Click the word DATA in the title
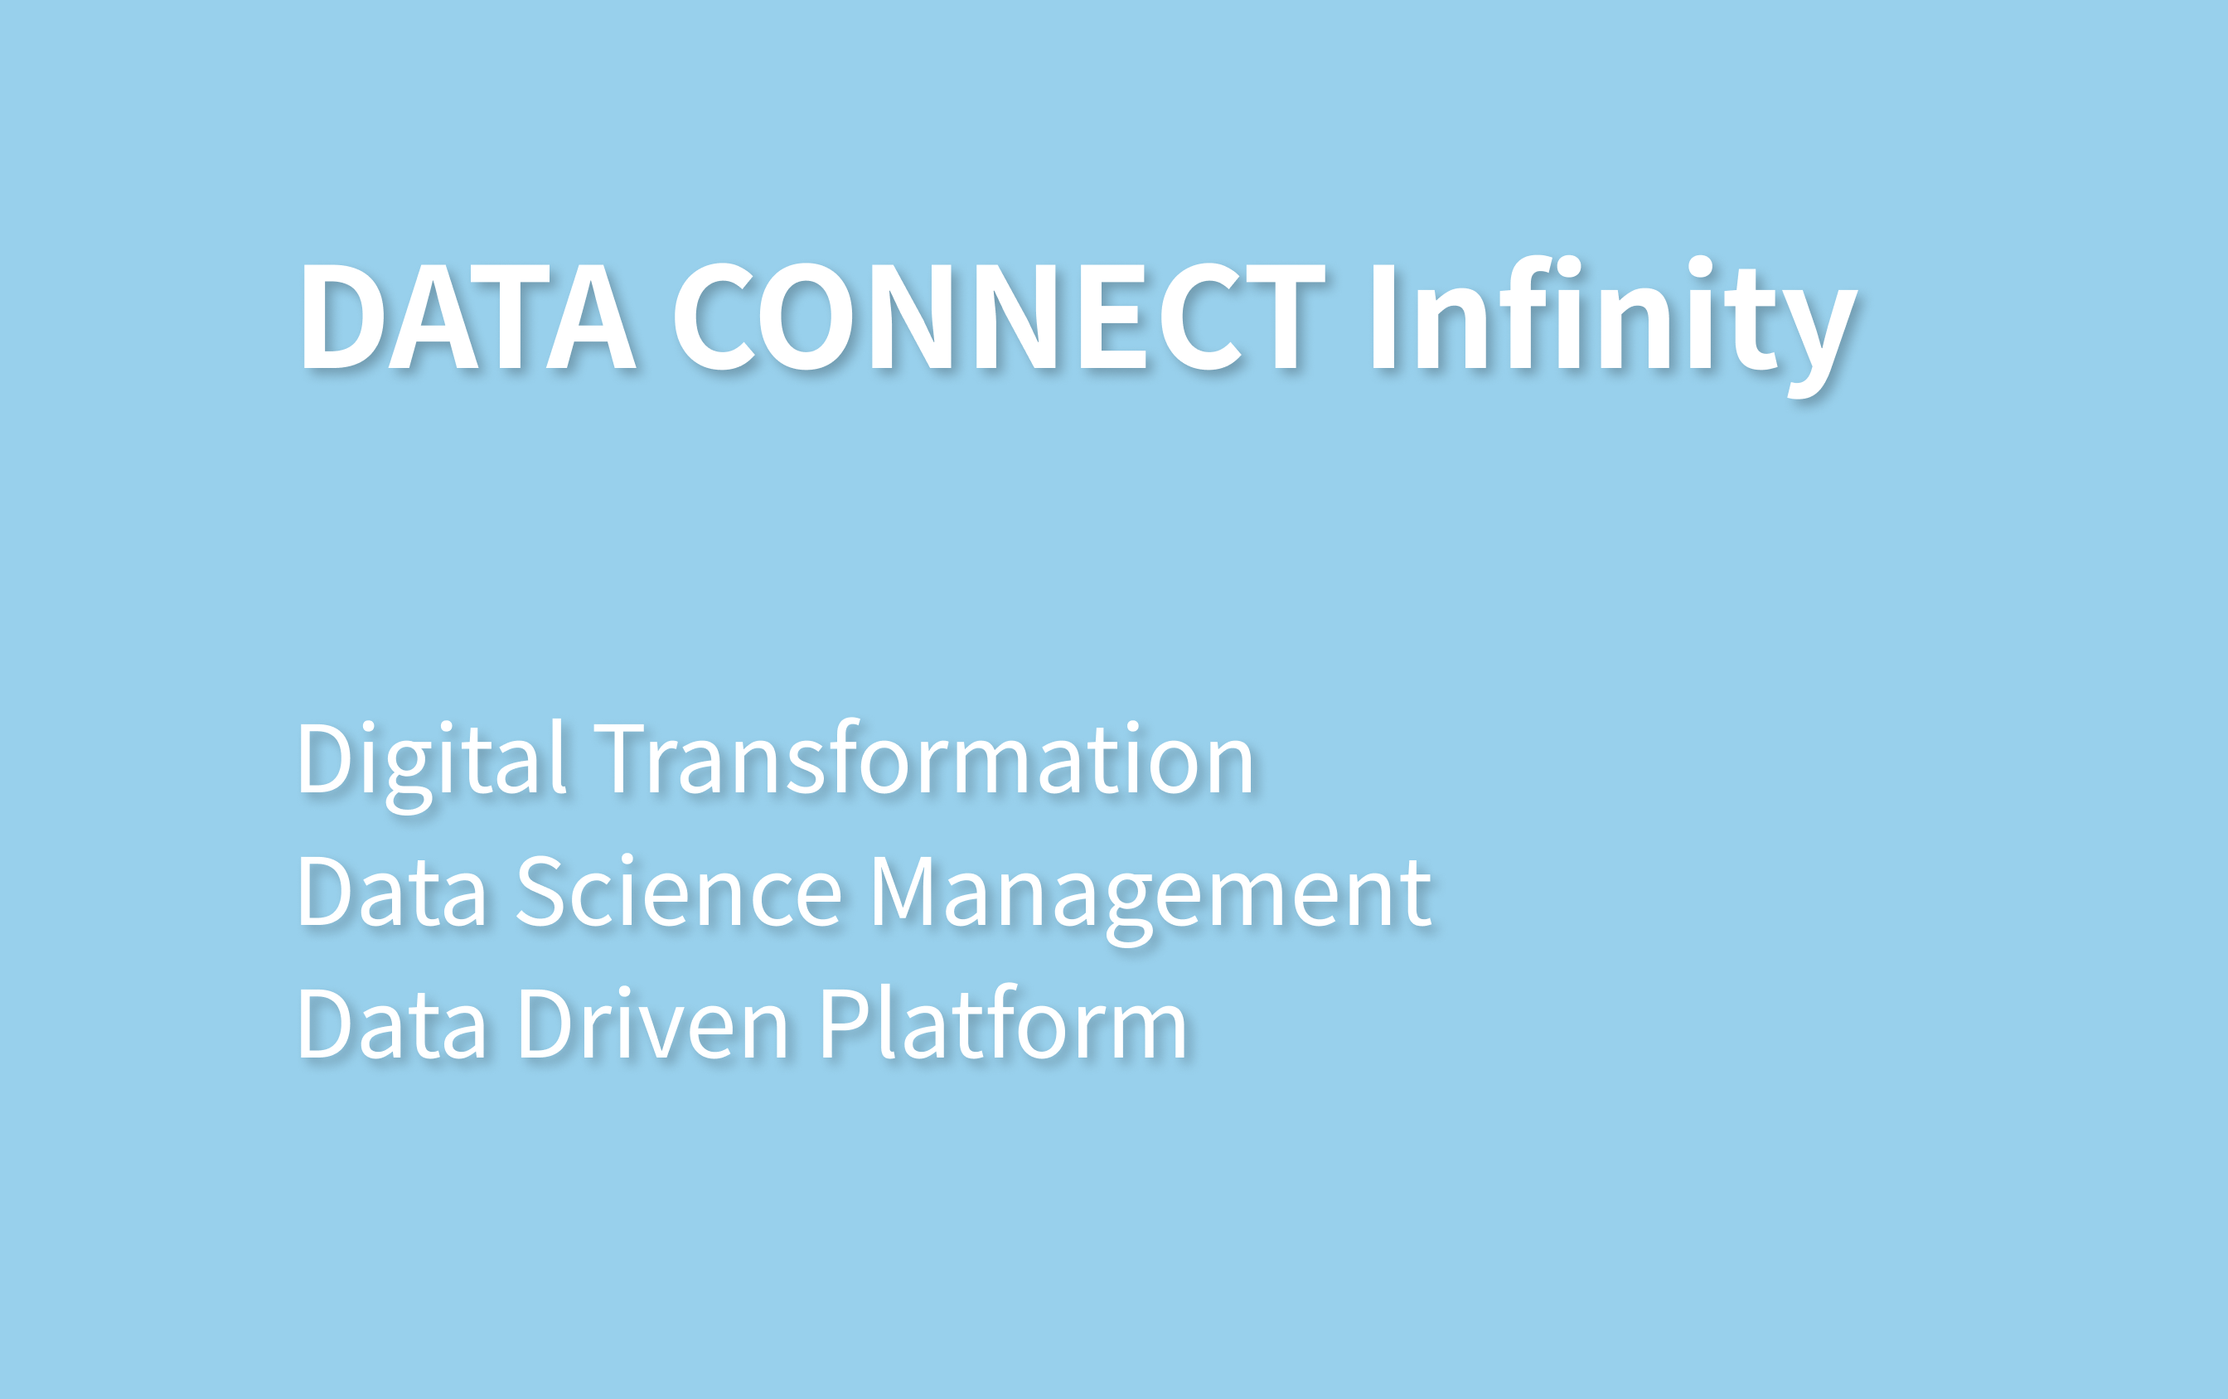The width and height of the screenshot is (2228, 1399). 468,317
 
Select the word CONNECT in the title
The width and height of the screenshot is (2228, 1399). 1000,317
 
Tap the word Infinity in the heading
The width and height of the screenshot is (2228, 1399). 1615,326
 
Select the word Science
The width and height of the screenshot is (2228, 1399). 678,890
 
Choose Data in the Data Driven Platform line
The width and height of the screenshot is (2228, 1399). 391,1024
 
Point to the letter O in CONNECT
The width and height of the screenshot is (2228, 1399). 806,317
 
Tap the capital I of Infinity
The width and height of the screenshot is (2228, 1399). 1383,317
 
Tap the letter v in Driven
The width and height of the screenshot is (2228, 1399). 667,1034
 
